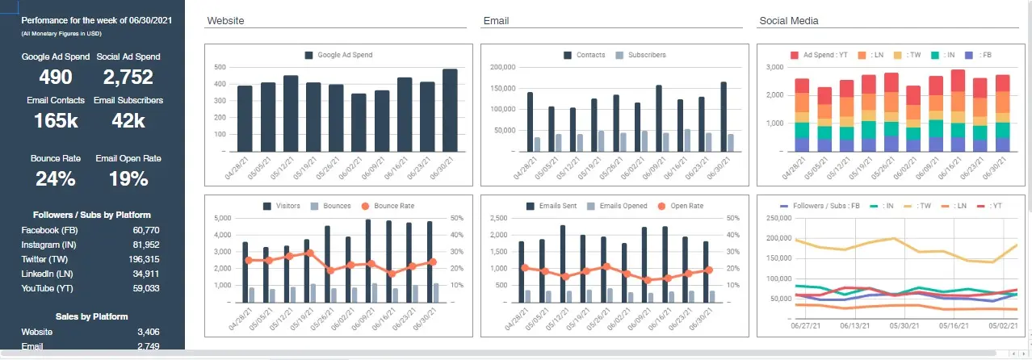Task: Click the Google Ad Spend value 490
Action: click(56, 77)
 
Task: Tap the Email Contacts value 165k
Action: click(56, 120)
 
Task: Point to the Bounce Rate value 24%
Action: click(56, 178)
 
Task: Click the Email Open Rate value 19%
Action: click(128, 178)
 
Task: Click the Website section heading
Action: click(225, 20)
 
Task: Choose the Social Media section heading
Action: click(789, 20)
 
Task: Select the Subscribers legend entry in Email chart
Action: click(647, 55)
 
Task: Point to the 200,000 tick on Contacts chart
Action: click(502, 67)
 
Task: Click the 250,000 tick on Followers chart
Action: click(777, 218)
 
